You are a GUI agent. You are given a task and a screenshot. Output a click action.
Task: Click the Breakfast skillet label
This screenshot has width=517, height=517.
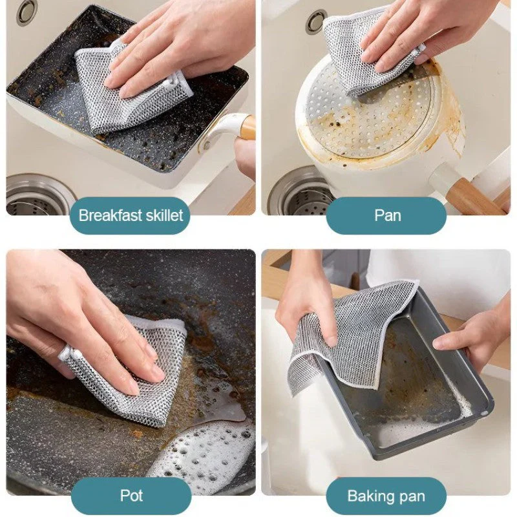(x=131, y=215)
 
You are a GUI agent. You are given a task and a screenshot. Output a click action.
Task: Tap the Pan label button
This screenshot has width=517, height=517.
(x=386, y=215)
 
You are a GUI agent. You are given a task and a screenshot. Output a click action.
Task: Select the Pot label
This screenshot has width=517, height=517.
(x=131, y=496)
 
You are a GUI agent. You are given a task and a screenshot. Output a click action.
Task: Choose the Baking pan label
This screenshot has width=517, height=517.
(x=386, y=496)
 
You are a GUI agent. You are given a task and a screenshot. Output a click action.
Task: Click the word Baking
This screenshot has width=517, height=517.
(x=368, y=496)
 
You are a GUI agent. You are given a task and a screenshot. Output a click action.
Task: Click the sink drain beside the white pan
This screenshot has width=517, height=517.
(x=297, y=191)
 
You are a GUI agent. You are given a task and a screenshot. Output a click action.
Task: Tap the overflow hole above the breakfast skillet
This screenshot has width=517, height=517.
(x=27, y=12)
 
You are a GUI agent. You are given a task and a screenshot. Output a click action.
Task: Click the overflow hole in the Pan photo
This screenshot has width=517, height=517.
(x=316, y=21)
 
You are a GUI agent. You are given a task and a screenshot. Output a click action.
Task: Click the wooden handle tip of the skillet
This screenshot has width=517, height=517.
(x=248, y=125)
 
